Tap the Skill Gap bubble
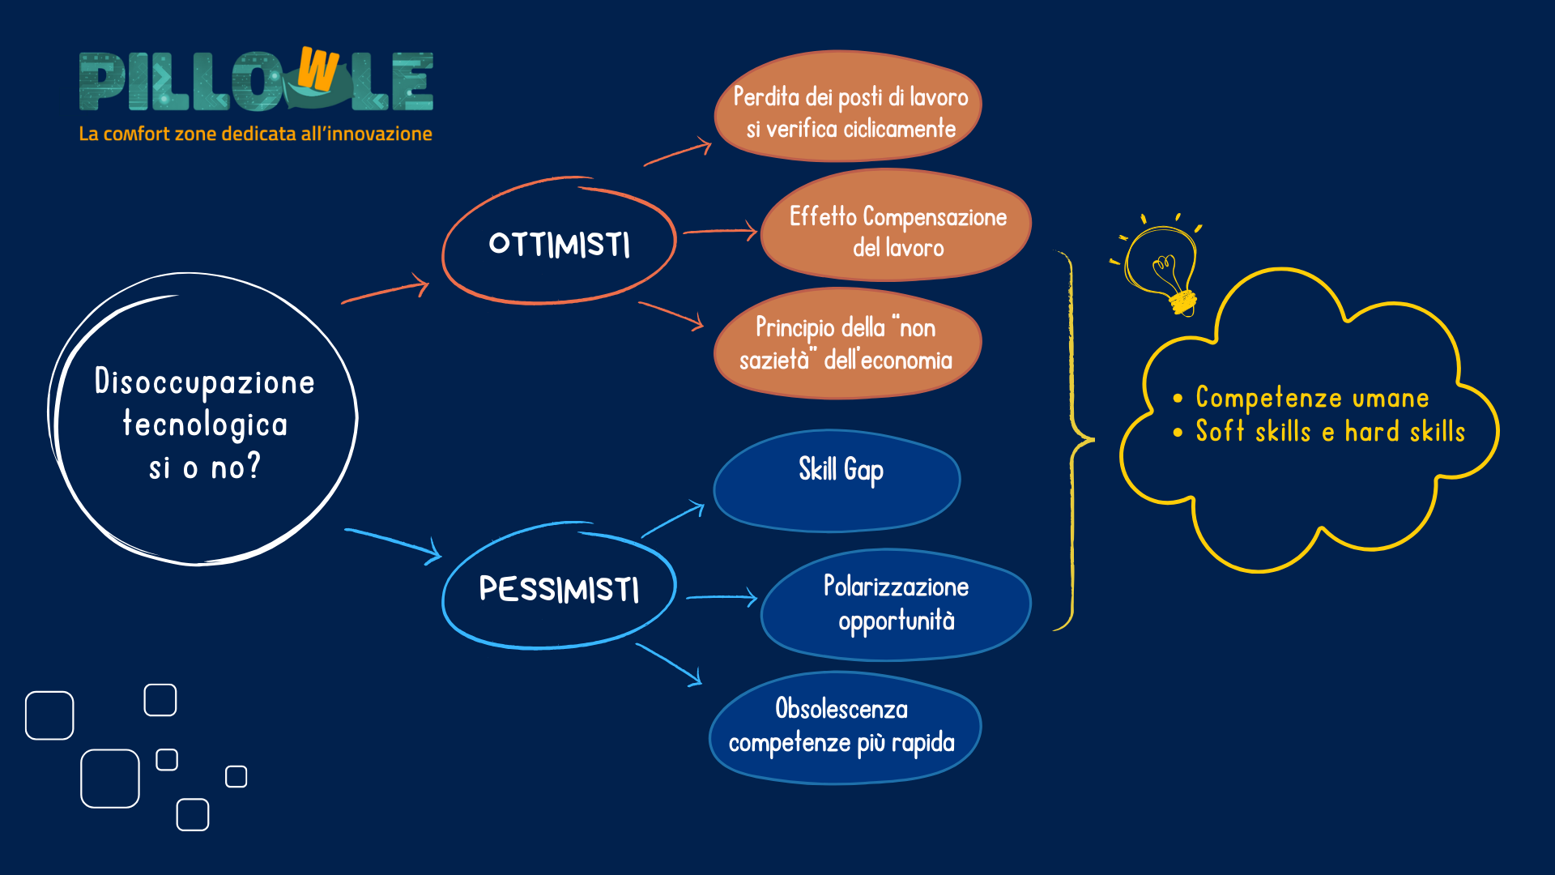click(x=837, y=480)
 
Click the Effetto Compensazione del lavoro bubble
click(x=897, y=226)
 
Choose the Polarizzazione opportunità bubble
click(x=897, y=604)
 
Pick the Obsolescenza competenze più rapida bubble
click(x=845, y=728)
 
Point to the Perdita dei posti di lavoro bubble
click(x=848, y=107)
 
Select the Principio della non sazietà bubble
click(x=847, y=344)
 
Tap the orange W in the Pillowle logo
click(x=317, y=69)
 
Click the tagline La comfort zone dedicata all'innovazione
click(x=255, y=134)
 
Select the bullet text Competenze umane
click(x=1312, y=397)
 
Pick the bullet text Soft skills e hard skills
click(x=1330, y=431)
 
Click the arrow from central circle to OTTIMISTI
click(x=386, y=290)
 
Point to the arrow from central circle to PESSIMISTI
click(x=394, y=544)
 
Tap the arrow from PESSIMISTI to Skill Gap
click(x=673, y=519)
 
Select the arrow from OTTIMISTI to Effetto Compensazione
click(x=720, y=231)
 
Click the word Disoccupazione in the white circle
click(x=204, y=382)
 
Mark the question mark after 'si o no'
click(x=253, y=466)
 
